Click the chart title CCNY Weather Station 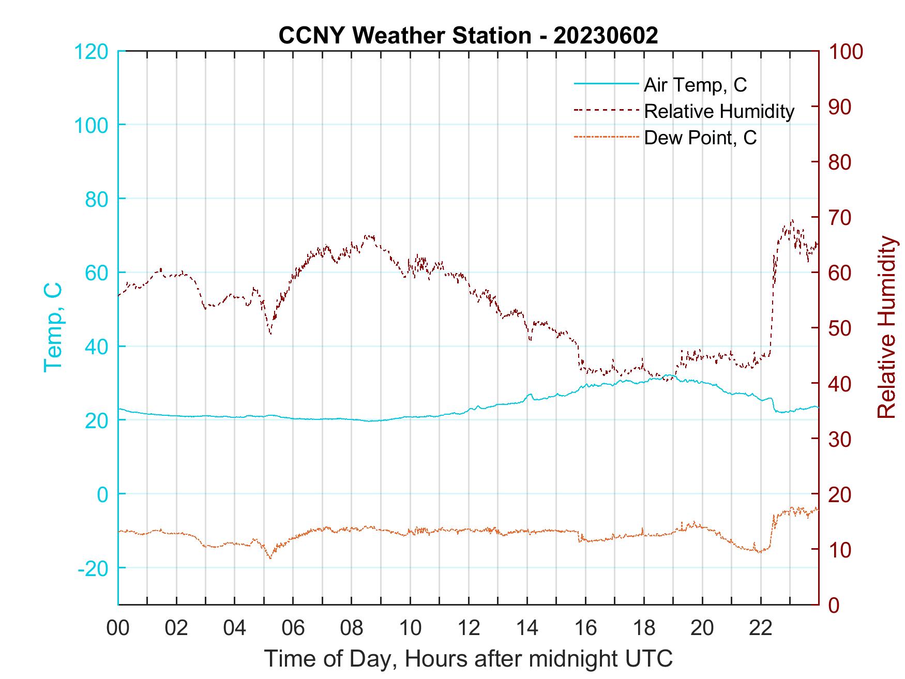click(468, 35)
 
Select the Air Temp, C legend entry click(695, 84)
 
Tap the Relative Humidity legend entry click(719, 111)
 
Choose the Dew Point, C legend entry click(700, 138)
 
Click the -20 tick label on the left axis click(93, 568)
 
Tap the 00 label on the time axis click(118, 628)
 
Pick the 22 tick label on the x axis click(761, 628)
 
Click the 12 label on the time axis click(469, 628)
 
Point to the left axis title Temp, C click(53, 327)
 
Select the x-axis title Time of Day click(468, 658)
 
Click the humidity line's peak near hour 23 click(792, 220)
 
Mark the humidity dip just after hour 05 click(270, 334)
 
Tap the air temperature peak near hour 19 click(669, 375)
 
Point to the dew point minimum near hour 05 click(270, 558)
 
